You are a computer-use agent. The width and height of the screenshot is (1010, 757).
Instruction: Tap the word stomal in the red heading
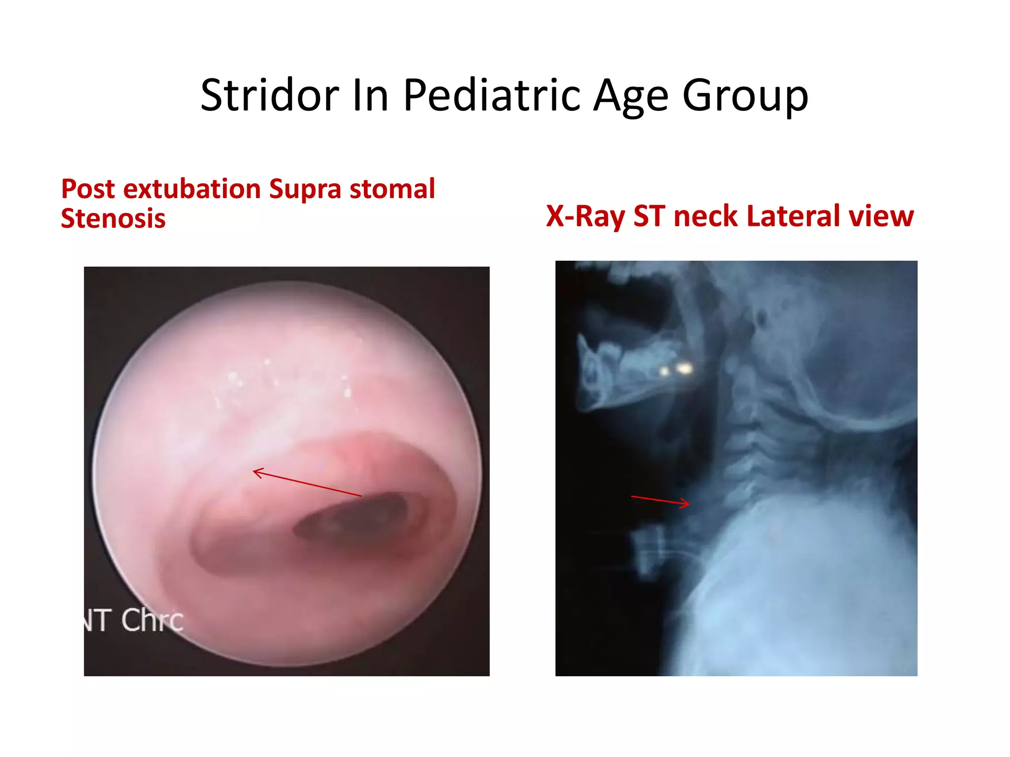(392, 189)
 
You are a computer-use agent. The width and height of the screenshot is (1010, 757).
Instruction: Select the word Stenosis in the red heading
(113, 218)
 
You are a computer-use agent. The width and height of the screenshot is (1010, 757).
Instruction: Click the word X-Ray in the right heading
(585, 216)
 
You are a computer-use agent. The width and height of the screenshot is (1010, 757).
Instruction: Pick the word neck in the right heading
(706, 216)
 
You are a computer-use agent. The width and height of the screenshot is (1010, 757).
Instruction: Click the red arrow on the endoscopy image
(307, 482)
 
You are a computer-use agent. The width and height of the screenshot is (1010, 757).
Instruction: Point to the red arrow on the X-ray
(660, 500)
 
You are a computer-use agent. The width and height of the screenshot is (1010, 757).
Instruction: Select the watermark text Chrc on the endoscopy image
(152, 619)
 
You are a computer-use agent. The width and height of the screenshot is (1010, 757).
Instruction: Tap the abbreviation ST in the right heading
(649, 216)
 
